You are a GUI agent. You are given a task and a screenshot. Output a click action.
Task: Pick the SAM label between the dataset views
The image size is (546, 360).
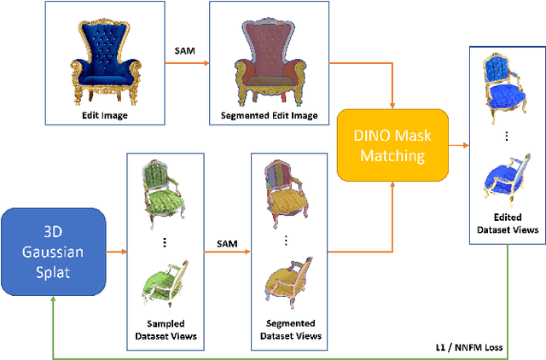point(226,244)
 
